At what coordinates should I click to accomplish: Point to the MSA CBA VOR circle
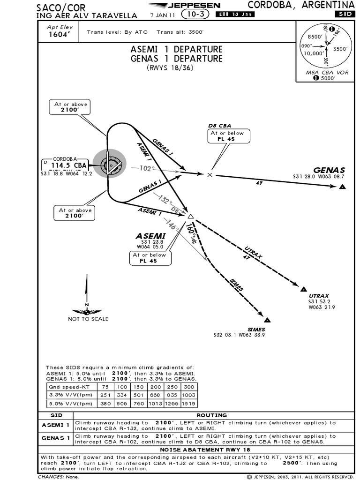tap(324, 47)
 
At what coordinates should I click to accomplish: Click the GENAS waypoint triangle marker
tap(343, 187)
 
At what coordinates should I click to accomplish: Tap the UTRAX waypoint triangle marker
tap(303, 289)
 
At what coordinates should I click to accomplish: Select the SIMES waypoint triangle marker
tap(267, 320)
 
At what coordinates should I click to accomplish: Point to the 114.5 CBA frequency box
tap(68, 165)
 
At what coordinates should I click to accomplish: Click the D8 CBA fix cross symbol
tap(210, 174)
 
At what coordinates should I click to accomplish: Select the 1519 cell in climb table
tap(189, 404)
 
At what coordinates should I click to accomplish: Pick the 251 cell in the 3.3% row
tap(105, 395)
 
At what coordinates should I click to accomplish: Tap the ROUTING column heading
tap(212, 415)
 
